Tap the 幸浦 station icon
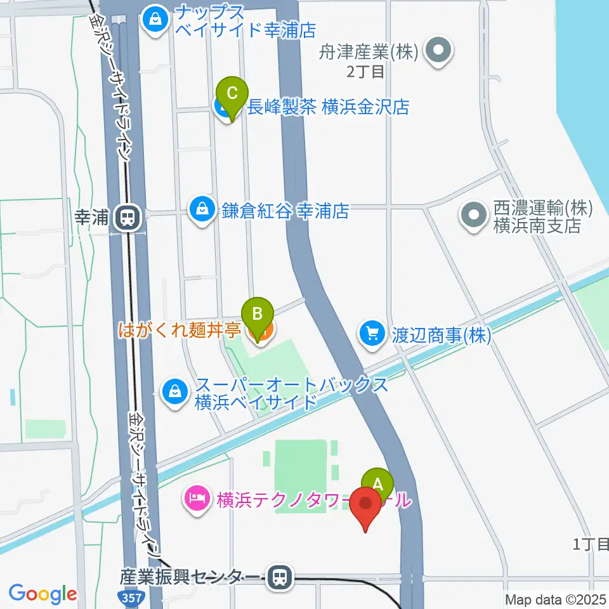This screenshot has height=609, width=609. tap(128, 219)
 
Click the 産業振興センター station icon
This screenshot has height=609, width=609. tap(278, 577)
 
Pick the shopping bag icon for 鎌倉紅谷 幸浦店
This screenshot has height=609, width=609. tap(202, 209)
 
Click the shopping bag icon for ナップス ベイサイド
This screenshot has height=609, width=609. tap(154, 20)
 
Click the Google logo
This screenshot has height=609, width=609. tap(43, 594)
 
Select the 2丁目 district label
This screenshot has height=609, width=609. tap(365, 71)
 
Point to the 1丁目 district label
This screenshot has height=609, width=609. tap(590, 543)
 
